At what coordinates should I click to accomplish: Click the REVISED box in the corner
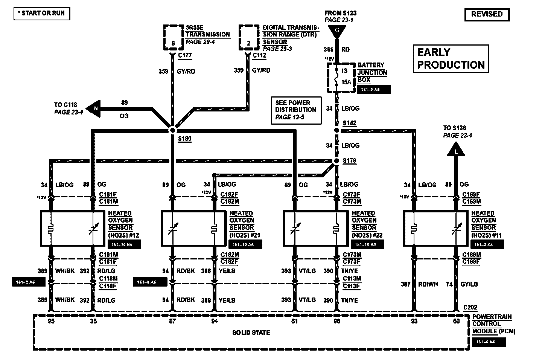tap(487, 14)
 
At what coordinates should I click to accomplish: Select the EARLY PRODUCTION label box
tap(451, 59)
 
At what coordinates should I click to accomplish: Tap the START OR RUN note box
tap(42, 13)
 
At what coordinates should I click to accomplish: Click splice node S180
tap(172, 130)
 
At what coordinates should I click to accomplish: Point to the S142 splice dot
tap(337, 130)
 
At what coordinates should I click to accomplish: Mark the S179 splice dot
tap(336, 161)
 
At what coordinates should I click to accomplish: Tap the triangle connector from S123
tap(337, 31)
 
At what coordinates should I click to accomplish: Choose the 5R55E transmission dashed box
tap(173, 38)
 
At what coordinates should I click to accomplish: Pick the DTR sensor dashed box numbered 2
tap(248, 38)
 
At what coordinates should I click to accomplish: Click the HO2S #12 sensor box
tap(72, 229)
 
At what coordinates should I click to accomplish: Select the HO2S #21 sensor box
tap(193, 229)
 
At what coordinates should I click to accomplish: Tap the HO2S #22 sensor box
tap(315, 229)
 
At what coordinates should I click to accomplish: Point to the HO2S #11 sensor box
tap(435, 229)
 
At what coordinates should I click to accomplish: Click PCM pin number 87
tap(172, 321)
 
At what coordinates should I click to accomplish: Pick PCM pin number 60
tap(457, 321)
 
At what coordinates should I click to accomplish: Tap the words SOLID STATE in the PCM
tap(251, 333)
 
